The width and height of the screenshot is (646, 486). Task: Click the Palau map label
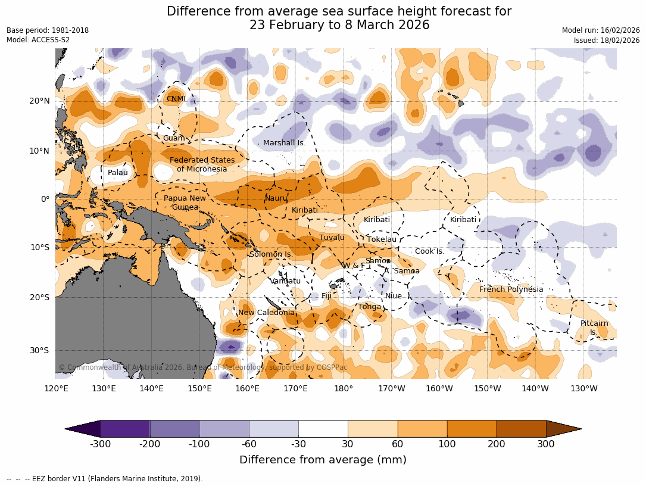[118, 173]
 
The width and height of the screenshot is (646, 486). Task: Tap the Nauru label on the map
[276, 198]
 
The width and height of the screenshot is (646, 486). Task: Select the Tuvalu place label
[332, 238]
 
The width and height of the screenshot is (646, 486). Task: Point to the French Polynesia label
[511, 289]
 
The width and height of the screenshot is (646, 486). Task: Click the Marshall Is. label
[284, 143]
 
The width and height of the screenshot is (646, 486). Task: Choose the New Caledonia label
[266, 313]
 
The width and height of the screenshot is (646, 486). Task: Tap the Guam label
[174, 138]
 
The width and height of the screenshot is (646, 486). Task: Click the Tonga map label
[369, 307]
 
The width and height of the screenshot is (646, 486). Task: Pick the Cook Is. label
[429, 251]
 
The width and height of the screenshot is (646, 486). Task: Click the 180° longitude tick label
[344, 389]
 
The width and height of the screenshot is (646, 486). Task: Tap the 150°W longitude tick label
[488, 389]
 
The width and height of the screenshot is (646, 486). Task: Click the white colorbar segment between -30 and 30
[323, 429]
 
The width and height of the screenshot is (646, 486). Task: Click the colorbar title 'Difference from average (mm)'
[323, 460]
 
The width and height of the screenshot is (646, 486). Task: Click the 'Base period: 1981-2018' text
[48, 30]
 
